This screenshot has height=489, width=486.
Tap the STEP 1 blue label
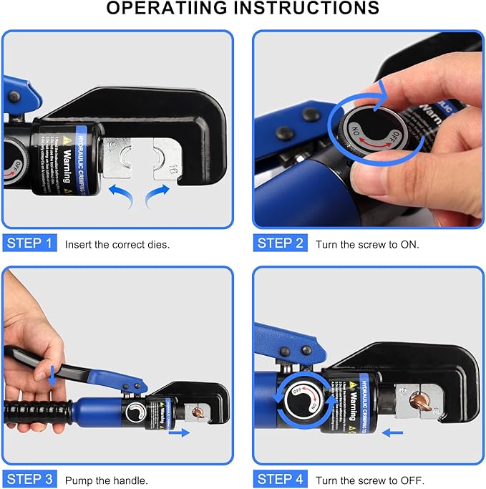click(30, 243)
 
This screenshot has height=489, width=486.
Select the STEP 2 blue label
click(281, 243)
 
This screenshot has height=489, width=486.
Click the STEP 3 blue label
click(30, 479)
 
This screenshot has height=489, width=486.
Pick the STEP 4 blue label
click(281, 479)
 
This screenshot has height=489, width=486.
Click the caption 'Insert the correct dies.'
click(117, 244)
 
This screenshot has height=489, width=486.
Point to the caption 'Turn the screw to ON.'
click(367, 244)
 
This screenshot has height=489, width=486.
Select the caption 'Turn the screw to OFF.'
click(369, 480)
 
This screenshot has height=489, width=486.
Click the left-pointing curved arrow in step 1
click(122, 193)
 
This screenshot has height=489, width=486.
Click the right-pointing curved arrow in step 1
click(157, 193)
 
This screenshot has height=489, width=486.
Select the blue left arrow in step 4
click(392, 432)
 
